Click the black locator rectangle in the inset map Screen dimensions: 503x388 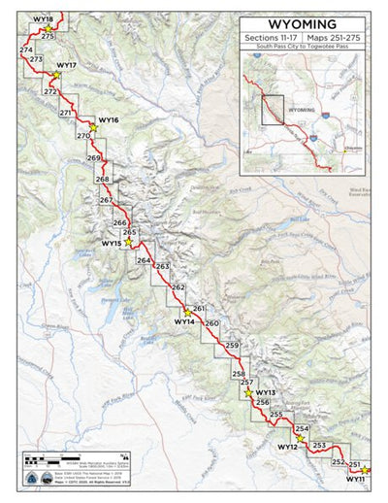point(271,111)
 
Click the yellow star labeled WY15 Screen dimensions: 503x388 point(127,243)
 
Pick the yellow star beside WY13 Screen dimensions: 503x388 point(248,393)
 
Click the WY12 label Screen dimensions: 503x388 point(287,448)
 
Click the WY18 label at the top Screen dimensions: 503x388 point(43,19)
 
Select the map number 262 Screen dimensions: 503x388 point(178,287)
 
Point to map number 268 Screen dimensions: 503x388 point(102,180)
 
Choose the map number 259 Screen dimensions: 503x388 point(231,346)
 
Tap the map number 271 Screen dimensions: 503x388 point(66,114)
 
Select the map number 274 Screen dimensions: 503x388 point(25,50)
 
